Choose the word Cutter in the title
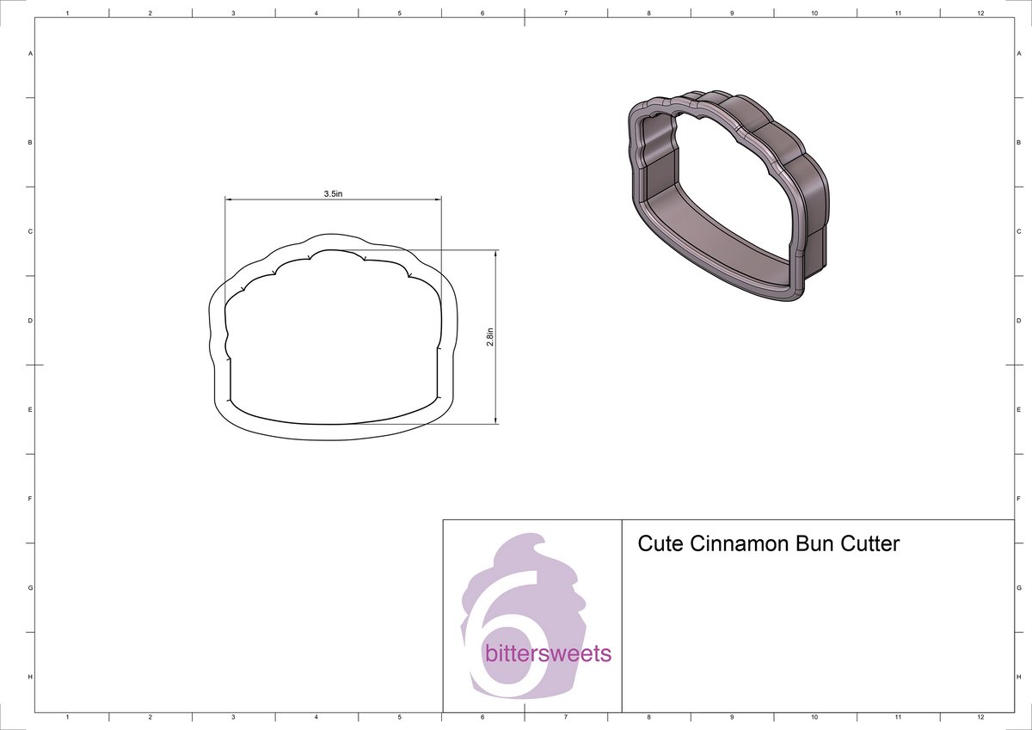click(870, 544)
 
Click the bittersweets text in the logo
click(549, 653)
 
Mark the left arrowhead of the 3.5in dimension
click(229, 200)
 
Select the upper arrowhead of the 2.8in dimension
click(496, 254)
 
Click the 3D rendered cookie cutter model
click(727, 193)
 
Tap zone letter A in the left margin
click(30, 53)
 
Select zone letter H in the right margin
click(1017, 678)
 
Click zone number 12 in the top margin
click(981, 14)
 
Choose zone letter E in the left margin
click(30, 409)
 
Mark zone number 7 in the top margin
click(566, 14)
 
